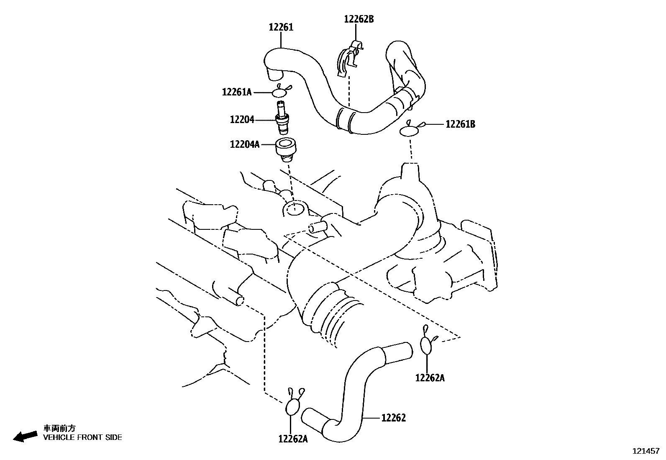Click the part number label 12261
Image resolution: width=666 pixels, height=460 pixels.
click(x=281, y=27)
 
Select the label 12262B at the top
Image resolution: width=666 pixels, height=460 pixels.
click(x=359, y=19)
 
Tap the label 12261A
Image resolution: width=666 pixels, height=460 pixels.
click(x=237, y=92)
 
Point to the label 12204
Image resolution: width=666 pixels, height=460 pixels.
click(x=242, y=120)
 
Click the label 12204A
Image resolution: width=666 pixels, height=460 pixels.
click(x=245, y=145)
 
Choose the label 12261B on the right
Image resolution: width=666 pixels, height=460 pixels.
click(x=460, y=124)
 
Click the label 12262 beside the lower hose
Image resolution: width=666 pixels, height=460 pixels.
click(x=393, y=418)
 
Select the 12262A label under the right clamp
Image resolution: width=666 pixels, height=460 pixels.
click(x=430, y=378)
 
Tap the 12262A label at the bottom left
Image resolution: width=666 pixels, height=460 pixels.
click(x=293, y=439)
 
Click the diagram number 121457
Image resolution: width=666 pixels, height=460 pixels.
click(x=646, y=451)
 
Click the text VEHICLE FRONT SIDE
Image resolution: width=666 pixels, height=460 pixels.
click(x=83, y=437)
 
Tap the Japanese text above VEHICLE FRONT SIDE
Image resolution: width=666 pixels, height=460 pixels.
click(x=60, y=428)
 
